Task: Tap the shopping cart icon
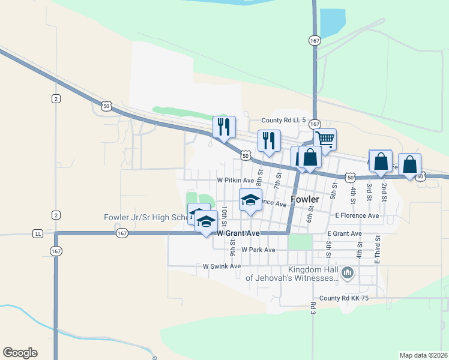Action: tap(325, 139)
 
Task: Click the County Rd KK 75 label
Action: tap(343, 298)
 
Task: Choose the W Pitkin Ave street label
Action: tap(236, 180)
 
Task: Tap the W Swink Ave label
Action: tap(221, 266)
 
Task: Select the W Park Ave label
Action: tap(258, 250)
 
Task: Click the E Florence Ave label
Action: tap(357, 215)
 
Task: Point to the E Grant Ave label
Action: tap(345, 233)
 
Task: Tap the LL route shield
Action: tap(38, 233)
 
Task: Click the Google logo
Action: tap(20, 353)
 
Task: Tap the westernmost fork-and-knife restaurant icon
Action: tap(224, 127)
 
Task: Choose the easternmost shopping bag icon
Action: tap(409, 164)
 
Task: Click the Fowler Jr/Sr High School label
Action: tap(144, 217)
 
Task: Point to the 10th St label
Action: tap(224, 213)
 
